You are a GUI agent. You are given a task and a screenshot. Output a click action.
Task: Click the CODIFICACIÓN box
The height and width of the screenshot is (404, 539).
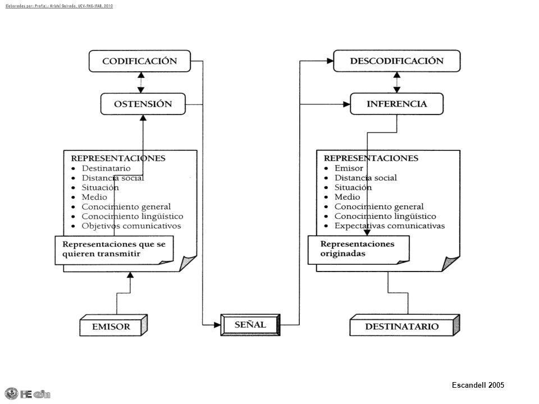(x=140, y=61)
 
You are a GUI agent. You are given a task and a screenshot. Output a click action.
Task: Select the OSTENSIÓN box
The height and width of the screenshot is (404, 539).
(x=143, y=104)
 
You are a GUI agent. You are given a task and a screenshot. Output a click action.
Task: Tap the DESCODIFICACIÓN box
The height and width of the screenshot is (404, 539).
(x=397, y=61)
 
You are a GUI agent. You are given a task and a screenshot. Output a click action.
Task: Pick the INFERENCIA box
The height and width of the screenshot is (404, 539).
(x=397, y=104)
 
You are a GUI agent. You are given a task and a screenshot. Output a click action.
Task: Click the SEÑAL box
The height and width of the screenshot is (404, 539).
(x=250, y=325)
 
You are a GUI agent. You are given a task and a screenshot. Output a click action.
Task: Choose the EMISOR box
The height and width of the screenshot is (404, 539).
(x=113, y=325)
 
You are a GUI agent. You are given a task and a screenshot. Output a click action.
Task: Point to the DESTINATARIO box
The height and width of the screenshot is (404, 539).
(x=405, y=325)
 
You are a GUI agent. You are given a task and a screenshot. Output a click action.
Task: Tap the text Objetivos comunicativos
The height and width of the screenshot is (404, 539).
(x=131, y=226)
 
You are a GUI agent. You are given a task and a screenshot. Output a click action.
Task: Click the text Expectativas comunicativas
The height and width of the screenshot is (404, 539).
(x=390, y=226)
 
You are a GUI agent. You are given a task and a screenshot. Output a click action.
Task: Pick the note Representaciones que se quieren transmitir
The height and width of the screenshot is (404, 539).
(x=114, y=250)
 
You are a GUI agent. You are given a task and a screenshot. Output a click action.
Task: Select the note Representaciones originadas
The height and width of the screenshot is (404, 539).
(x=359, y=250)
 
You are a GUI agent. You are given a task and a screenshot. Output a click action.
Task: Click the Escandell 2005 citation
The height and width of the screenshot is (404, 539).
(x=478, y=385)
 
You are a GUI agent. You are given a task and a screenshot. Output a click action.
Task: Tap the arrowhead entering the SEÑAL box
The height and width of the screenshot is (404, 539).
(x=217, y=325)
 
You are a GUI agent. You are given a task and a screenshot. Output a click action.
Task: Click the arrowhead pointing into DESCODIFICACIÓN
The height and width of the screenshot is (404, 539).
(x=330, y=61)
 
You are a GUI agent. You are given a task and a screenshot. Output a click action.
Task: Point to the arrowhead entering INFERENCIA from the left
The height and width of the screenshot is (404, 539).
(x=346, y=104)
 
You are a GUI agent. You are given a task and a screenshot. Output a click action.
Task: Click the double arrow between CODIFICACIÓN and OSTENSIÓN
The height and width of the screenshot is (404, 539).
(x=141, y=82)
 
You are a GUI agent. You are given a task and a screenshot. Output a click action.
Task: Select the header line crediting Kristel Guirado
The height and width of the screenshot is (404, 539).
(x=59, y=6)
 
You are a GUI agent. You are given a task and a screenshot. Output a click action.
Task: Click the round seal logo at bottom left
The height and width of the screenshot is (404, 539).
(x=11, y=394)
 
